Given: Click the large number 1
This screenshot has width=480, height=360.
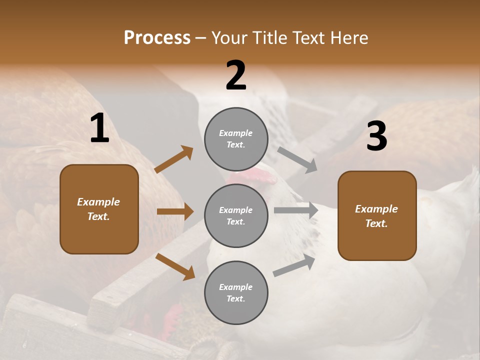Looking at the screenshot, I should [x=99, y=128].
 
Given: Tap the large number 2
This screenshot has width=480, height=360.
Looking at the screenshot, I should [x=236, y=75].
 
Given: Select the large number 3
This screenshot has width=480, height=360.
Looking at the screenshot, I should [x=376, y=136].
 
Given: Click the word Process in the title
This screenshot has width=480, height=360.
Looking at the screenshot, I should [x=157, y=38].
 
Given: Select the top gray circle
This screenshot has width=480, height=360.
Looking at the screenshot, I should [x=236, y=139].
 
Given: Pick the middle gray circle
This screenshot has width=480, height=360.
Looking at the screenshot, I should [x=236, y=215].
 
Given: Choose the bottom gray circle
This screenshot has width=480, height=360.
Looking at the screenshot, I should [x=236, y=292].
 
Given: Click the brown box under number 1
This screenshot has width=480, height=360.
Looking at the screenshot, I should [x=99, y=209].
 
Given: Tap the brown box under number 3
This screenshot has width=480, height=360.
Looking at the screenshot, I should [x=377, y=216].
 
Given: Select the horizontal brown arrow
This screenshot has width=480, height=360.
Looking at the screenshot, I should [x=175, y=211].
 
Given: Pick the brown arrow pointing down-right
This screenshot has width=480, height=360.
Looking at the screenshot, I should [x=175, y=266].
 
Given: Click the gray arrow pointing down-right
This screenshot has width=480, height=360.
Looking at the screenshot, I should [x=297, y=159].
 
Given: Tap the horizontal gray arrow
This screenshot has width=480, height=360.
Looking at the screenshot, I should [x=296, y=210].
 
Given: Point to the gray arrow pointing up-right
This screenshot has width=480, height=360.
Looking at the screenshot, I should [x=294, y=265].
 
